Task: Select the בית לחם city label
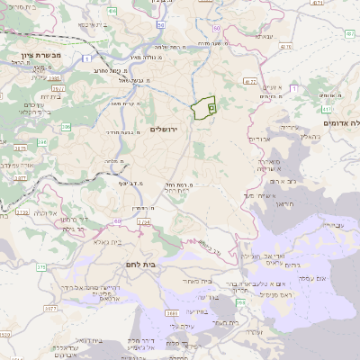[138, 265]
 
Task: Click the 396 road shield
[65, 127]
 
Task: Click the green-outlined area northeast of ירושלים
[206, 108]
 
